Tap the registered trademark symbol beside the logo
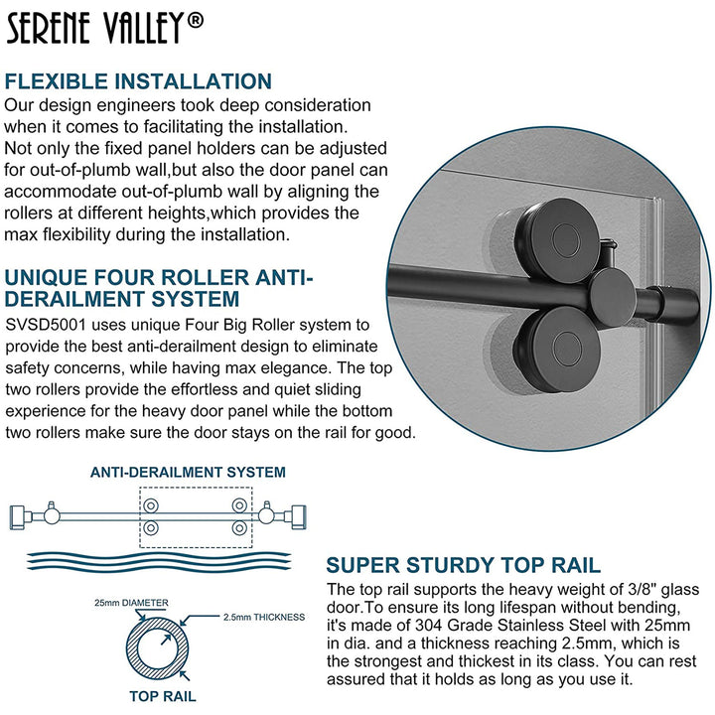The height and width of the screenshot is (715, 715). coord(196,19)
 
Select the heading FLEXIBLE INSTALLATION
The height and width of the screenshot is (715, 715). coord(138,81)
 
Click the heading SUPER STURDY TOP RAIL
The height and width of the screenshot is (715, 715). coord(463,566)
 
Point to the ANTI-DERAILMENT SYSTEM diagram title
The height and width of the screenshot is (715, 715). coord(189,473)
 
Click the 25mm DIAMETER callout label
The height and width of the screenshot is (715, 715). coord(131,603)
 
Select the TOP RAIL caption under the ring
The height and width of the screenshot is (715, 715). coord(163,696)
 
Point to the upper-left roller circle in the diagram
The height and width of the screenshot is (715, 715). coord(151,507)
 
